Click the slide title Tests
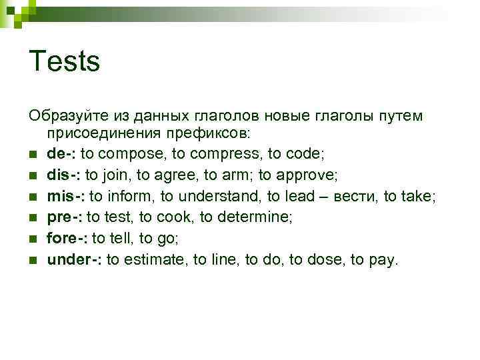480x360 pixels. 64,62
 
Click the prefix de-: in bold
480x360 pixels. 62,154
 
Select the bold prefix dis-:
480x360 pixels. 64,175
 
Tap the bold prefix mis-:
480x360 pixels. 66,196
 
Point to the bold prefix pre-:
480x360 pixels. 65,217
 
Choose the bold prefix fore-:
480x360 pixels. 67,239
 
